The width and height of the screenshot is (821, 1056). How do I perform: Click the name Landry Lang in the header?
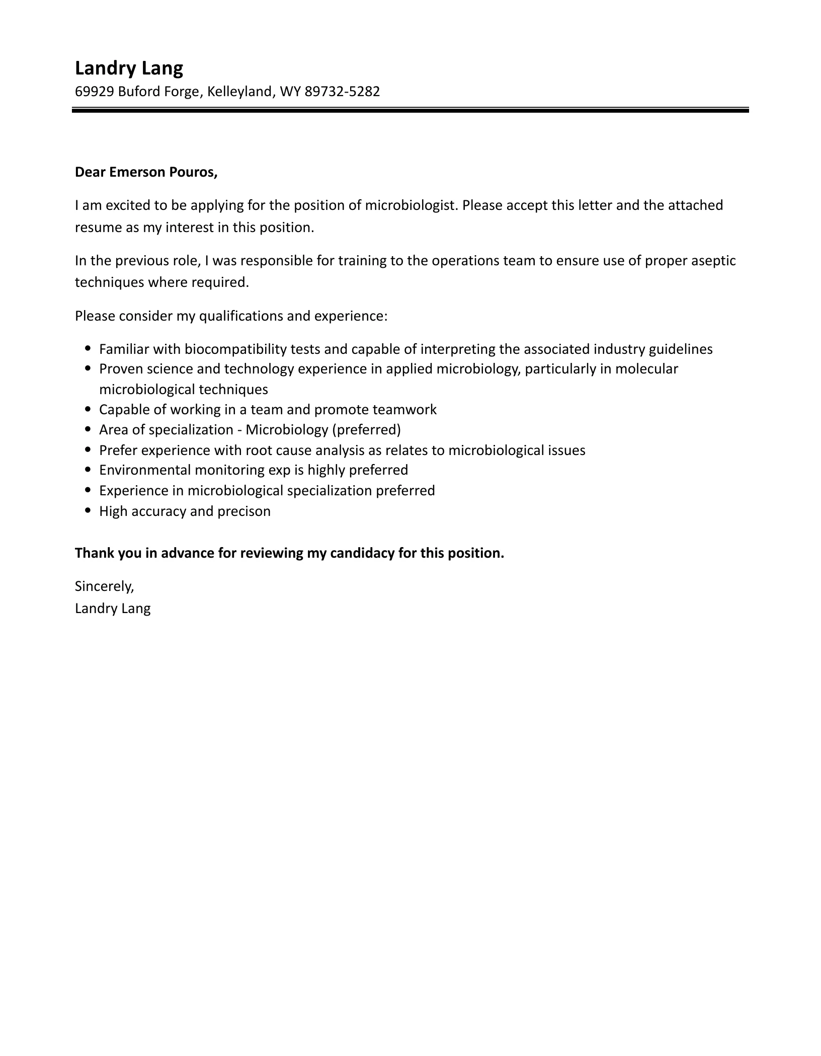[x=129, y=68]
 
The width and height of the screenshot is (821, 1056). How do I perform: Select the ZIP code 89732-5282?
[x=342, y=92]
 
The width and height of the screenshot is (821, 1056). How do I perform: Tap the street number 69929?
[x=95, y=92]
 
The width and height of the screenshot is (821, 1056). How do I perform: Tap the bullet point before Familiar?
[x=88, y=348]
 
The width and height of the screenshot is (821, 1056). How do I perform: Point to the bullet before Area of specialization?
[x=88, y=429]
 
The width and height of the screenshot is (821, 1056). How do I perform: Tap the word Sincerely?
[x=104, y=586]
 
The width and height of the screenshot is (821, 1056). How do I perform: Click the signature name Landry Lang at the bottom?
[x=113, y=609]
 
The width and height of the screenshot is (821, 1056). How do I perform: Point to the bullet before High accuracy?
[x=88, y=510]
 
